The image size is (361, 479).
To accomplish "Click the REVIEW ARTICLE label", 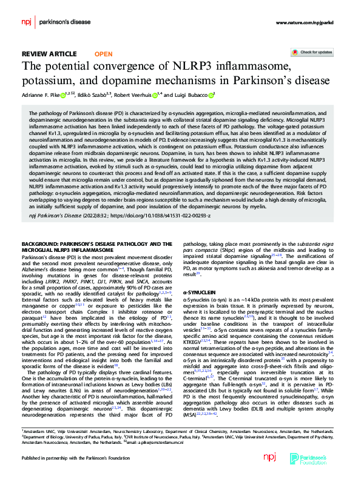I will (x=49, y=53).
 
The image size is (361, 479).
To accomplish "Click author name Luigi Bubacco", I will (x=190, y=94).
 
